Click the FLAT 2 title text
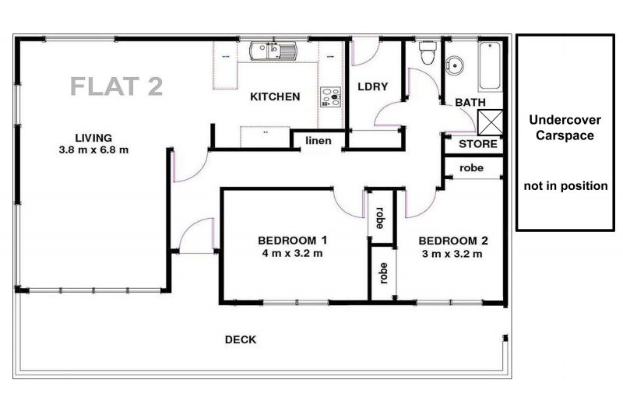(x=116, y=86)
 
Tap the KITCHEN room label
(x=275, y=97)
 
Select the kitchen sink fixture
(x=273, y=51)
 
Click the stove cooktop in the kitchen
(x=331, y=97)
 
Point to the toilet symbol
(x=428, y=52)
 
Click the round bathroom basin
(x=454, y=65)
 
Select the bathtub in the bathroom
(x=491, y=65)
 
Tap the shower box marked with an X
(x=490, y=123)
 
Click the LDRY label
(x=373, y=86)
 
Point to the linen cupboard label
(x=319, y=141)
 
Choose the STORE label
(x=478, y=144)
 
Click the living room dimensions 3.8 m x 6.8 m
(x=93, y=150)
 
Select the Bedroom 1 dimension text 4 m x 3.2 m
(x=293, y=253)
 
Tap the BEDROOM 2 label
(x=453, y=241)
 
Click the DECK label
(x=241, y=339)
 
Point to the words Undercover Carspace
(x=565, y=128)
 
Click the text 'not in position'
(x=566, y=186)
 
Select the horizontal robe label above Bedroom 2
(x=472, y=168)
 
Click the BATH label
(x=470, y=103)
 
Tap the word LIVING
(x=93, y=138)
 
